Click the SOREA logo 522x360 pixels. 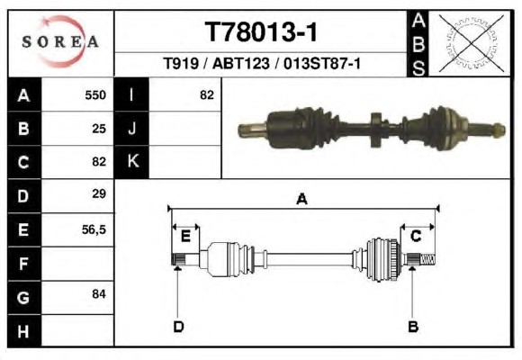click(x=60, y=41)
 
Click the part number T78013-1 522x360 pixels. click(x=261, y=32)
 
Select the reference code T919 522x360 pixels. click(x=181, y=63)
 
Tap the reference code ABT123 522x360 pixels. click(x=240, y=63)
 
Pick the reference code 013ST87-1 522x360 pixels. click(x=322, y=63)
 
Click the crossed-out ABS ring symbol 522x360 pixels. click(x=471, y=43)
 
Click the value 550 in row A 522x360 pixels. click(x=95, y=95)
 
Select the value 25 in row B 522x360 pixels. click(x=99, y=129)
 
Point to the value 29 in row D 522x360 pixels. click(x=99, y=193)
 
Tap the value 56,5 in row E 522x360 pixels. click(x=94, y=229)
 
